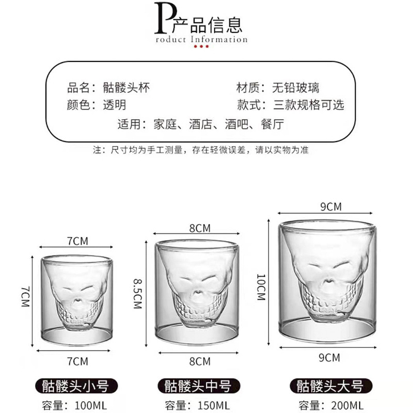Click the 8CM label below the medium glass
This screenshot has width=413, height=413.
pos(200,361)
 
